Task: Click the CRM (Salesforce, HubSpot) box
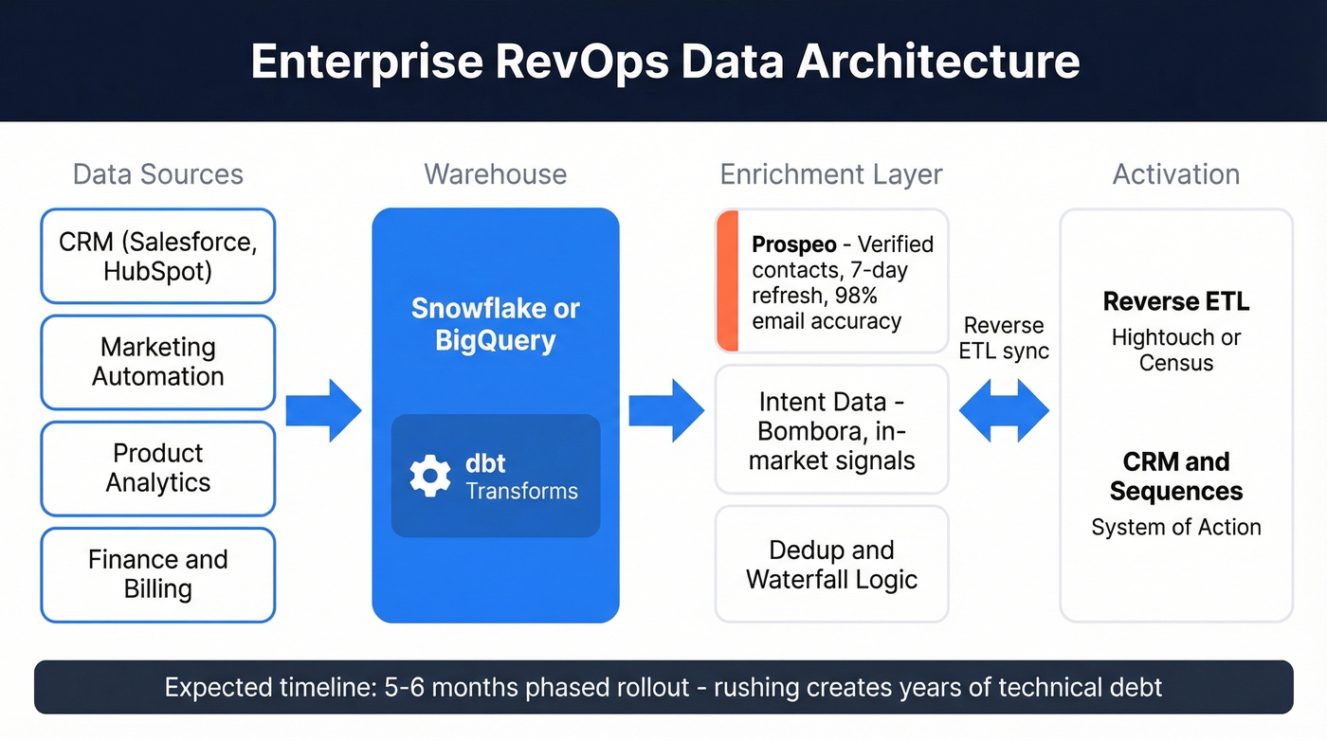click(x=157, y=256)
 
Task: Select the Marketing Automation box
click(x=157, y=362)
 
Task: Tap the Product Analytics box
click(x=157, y=468)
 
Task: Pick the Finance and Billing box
click(x=157, y=574)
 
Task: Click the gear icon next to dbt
click(x=430, y=477)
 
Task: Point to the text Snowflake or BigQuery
click(x=495, y=324)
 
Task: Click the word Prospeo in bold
click(x=793, y=244)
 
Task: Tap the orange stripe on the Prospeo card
click(x=727, y=280)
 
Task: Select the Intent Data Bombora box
click(x=831, y=431)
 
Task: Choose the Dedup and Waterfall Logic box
click(x=831, y=564)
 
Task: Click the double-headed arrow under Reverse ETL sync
click(x=1004, y=411)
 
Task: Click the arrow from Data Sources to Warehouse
click(x=324, y=410)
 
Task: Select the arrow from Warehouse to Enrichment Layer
click(x=666, y=410)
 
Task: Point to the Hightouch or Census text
click(x=1175, y=350)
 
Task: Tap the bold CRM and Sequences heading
click(x=1175, y=477)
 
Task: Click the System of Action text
click(x=1175, y=528)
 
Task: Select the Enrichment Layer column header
click(x=831, y=174)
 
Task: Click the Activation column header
click(x=1175, y=174)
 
